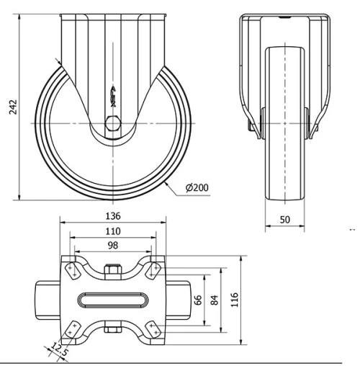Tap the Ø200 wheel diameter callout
click(x=197, y=188)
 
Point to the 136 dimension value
click(x=112, y=216)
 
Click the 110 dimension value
click(x=112, y=232)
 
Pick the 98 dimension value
click(x=112, y=246)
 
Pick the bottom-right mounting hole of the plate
click(x=154, y=329)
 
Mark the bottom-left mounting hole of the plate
click(x=71, y=329)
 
